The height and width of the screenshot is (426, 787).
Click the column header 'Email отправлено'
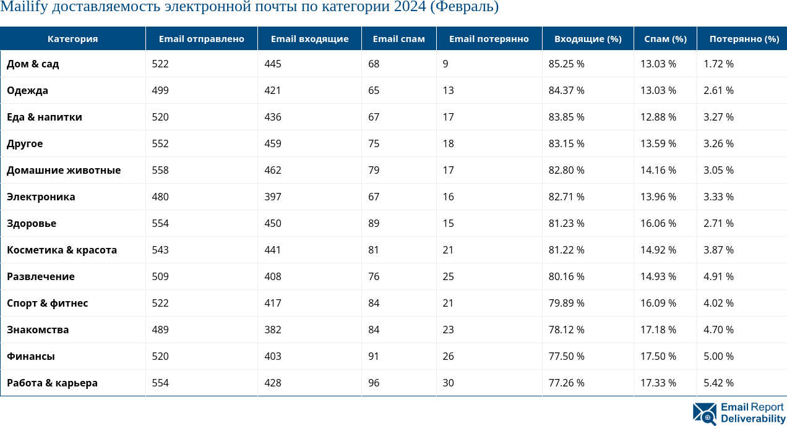click(x=201, y=39)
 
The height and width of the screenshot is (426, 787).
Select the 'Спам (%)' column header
click(x=665, y=39)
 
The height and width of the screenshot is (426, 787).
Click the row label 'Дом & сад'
click(x=33, y=64)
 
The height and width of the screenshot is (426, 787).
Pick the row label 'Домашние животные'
click(x=64, y=170)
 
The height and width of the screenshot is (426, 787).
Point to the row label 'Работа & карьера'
click(x=52, y=383)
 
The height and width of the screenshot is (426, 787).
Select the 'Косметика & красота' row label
click(x=62, y=250)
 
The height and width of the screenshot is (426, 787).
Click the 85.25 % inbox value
click(x=566, y=64)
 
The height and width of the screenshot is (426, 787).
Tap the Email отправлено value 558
click(x=160, y=170)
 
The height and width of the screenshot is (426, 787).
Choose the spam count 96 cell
click(x=374, y=383)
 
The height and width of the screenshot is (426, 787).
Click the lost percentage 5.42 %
click(x=718, y=383)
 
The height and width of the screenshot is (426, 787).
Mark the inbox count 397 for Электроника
click(x=272, y=197)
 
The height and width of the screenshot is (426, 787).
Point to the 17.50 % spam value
click(x=658, y=356)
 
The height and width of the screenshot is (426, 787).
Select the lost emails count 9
click(x=445, y=64)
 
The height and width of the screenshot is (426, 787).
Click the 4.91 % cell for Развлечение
click(x=718, y=276)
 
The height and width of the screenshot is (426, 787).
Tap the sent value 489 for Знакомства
click(x=160, y=330)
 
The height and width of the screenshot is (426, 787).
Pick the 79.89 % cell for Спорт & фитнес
click(x=566, y=303)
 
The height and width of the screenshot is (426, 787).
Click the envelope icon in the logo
click(x=705, y=413)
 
